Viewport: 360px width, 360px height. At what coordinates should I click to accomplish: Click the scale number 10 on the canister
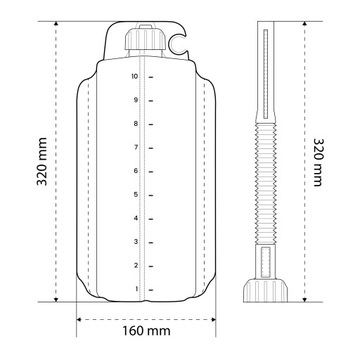coord(134,76)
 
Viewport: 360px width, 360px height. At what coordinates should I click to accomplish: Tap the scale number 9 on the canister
coord(135,100)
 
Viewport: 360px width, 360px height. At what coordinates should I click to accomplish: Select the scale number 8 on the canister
coord(135,123)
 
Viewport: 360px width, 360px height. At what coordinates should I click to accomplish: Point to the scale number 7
coord(135,147)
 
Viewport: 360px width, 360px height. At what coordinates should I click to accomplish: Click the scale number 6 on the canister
coord(135,170)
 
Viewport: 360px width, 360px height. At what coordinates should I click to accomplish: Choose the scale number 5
coord(135,194)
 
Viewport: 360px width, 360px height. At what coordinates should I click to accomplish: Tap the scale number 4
coord(135,217)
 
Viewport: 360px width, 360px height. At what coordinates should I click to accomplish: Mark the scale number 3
coord(135,241)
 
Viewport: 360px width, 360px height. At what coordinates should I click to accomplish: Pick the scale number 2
coord(135,264)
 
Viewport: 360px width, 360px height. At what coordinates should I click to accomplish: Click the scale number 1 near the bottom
coord(135,288)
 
